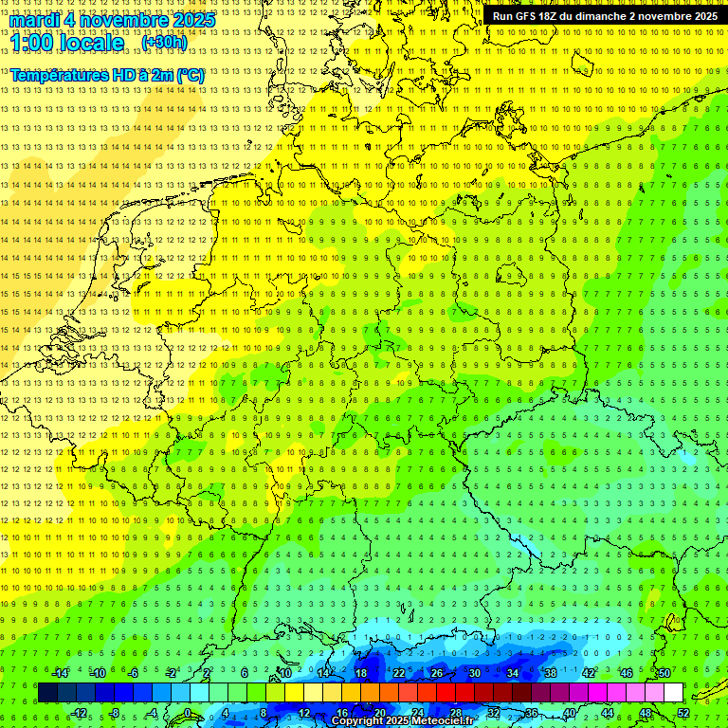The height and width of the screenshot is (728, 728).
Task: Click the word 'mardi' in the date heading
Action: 35,20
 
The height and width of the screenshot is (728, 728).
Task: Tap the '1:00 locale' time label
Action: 67,43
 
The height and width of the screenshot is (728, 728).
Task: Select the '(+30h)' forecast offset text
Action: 164,43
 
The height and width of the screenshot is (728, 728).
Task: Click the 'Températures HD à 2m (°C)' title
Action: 107,75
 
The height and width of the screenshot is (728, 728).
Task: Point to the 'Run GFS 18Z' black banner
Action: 604,16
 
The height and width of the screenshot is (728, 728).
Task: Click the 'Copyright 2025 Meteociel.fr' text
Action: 403,721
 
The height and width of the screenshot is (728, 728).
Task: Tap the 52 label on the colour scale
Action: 683,713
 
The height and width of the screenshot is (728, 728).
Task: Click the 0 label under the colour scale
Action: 187,713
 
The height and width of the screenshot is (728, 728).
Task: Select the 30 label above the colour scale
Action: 474,673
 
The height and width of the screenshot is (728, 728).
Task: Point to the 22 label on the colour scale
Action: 399,673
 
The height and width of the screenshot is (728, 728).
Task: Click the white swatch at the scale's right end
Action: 673,693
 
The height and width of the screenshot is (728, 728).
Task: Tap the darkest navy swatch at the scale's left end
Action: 47,693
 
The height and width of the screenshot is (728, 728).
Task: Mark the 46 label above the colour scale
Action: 627,673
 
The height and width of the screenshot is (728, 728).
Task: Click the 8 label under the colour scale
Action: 264,713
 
